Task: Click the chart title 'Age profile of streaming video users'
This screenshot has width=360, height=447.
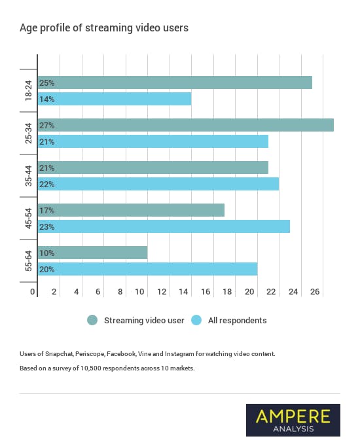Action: (x=104, y=27)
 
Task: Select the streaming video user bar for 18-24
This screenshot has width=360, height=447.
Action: (x=175, y=83)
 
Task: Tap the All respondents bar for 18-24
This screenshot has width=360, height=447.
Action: (x=115, y=99)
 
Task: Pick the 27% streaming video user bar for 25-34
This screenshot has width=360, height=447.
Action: (x=186, y=125)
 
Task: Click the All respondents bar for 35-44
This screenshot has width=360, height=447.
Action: (x=158, y=185)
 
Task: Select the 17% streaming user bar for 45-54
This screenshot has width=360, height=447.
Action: (x=131, y=211)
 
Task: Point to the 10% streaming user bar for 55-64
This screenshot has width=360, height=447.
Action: (x=93, y=253)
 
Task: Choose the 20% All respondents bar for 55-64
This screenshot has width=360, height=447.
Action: (x=147, y=270)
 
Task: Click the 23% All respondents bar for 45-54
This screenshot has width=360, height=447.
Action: (x=164, y=227)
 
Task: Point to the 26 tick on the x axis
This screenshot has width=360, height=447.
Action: (x=315, y=292)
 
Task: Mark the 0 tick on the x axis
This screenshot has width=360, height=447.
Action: (x=33, y=292)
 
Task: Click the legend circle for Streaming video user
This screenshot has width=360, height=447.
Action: (x=92, y=320)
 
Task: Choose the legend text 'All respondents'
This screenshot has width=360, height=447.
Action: (x=238, y=321)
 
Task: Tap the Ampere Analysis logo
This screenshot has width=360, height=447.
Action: (x=293, y=420)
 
